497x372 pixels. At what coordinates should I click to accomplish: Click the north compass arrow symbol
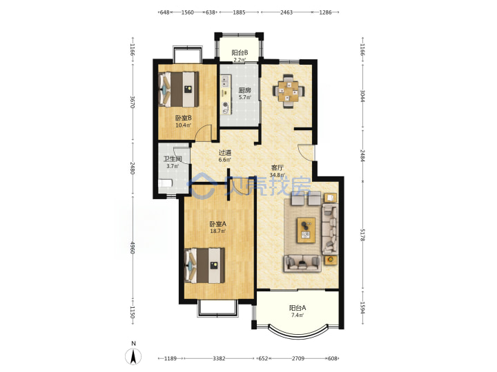(133, 357)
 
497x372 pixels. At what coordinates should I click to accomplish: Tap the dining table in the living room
(288, 91)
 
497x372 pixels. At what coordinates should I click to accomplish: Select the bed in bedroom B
(179, 89)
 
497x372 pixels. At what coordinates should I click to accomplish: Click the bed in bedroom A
(204, 265)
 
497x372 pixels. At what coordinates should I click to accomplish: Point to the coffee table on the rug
(306, 230)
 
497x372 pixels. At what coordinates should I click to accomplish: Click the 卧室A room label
(217, 224)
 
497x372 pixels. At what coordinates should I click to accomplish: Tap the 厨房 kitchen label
(244, 90)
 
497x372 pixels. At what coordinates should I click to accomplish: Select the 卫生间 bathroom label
(173, 159)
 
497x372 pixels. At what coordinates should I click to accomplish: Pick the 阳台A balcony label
(298, 307)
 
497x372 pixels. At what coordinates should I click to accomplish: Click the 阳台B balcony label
(240, 52)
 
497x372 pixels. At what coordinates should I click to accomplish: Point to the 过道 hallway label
(225, 152)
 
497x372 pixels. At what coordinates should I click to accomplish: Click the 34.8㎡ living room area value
(277, 175)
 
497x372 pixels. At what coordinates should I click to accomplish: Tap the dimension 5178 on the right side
(362, 235)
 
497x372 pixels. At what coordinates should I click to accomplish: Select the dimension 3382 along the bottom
(219, 358)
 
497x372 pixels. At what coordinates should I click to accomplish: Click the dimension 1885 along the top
(240, 12)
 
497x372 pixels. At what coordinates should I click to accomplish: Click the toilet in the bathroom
(165, 183)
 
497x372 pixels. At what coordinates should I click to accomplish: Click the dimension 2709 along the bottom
(298, 358)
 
